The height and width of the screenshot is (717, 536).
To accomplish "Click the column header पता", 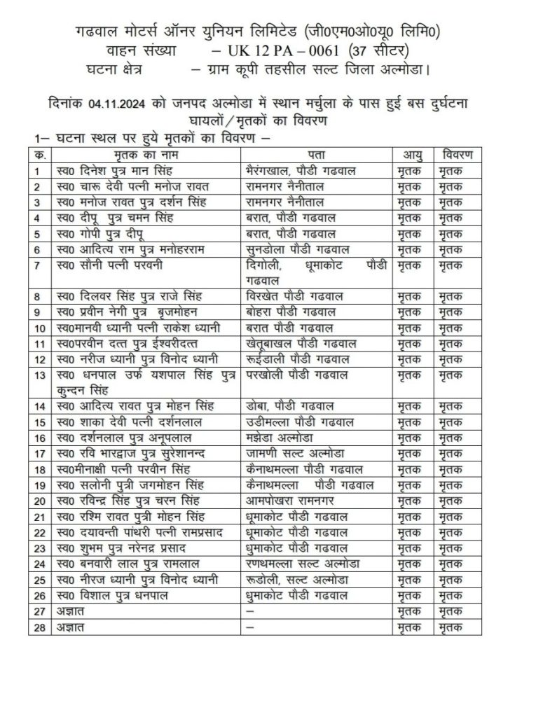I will [315, 154].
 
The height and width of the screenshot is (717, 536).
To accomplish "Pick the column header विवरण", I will [458, 154].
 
